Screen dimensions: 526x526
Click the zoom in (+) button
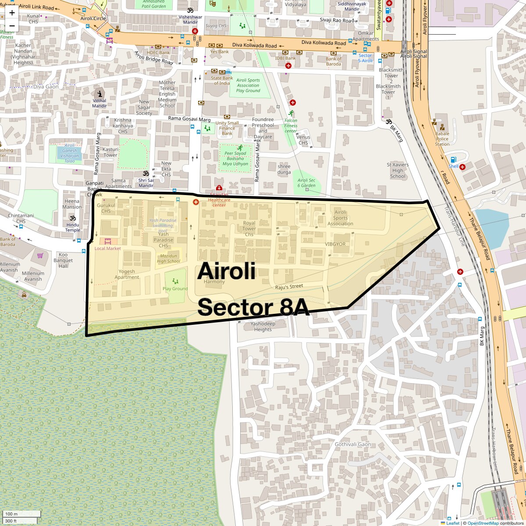tap(12, 13)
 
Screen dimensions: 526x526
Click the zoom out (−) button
tap(12, 25)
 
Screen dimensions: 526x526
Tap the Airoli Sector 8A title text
tap(253, 289)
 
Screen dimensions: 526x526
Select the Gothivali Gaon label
tap(353, 444)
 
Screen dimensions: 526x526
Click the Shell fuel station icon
tap(453, 160)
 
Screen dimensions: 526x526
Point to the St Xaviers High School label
tap(398, 171)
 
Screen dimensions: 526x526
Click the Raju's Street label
tap(289, 287)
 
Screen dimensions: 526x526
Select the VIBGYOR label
tap(335, 244)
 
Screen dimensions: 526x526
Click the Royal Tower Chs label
tap(249, 228)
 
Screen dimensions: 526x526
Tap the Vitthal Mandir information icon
tap(100, 94)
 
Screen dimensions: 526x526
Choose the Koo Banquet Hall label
tap(63, 260)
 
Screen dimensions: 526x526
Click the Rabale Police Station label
tap(442, 139)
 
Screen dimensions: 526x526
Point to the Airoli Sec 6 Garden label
tap(306, 183)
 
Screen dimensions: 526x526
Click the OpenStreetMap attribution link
tap(483, 523)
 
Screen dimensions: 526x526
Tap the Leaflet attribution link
tap(453, 523)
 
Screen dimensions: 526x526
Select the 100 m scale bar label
tap(11, 514)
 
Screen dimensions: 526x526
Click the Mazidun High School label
tap(168, 258)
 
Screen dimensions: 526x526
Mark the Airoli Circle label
tap(93, 18)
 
